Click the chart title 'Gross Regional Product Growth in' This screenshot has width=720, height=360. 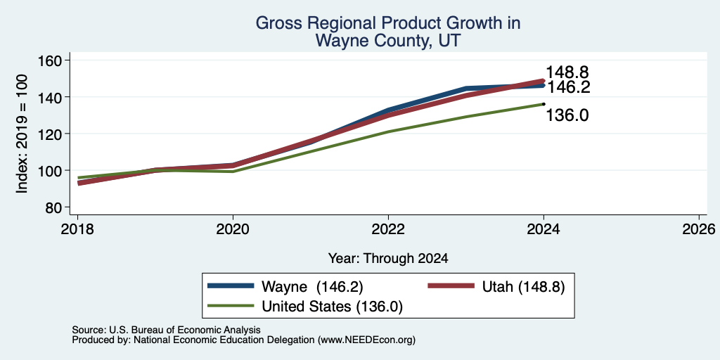click(388, 23)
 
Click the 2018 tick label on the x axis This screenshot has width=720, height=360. click(77, 229)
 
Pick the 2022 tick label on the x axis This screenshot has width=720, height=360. click(388, 229)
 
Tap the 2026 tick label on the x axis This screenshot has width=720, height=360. click(699, 229)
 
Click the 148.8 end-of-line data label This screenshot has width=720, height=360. click(567, 72)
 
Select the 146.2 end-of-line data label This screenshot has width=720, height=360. click(568, 87)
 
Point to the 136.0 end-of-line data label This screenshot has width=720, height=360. click(567, 115)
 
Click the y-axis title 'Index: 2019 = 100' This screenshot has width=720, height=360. click(22, 134)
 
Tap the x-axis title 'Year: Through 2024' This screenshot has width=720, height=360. click(388, 259)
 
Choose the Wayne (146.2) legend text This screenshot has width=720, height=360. click(312, 287)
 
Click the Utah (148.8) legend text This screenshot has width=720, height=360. click(523, 287)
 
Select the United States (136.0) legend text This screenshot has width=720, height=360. click(332, 307)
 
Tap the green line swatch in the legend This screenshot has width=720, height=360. click(231, 305)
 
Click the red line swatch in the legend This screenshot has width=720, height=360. click(451, 285)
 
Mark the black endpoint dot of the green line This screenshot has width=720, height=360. click(544, 104)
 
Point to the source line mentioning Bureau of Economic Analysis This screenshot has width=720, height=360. click(166, 330)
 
